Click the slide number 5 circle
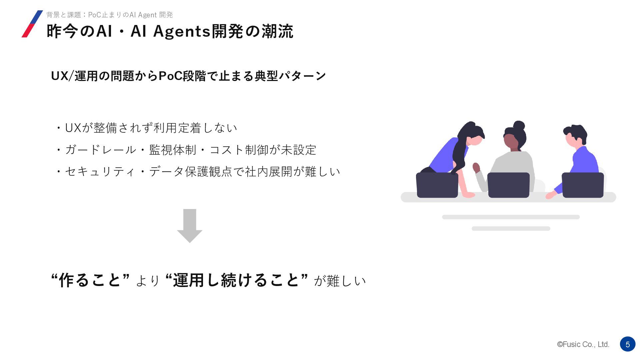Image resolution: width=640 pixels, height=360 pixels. pos(627,344)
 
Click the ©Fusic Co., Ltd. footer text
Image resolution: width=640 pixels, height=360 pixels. pos(583,344)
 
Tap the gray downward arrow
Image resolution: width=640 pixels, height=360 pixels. pos(190,226)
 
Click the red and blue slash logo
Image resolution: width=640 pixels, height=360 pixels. pos(32,24)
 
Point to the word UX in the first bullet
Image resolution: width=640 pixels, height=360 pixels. pos(73,128)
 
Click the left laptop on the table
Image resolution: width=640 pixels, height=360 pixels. pos(437,185)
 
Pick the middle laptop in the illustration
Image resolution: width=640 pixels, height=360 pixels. pos(508,185)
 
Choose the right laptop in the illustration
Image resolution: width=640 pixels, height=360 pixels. pos(583,185)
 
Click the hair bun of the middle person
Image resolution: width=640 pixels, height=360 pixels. pos(519,126)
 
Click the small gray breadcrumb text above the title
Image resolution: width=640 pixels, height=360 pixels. pos(109,15)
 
